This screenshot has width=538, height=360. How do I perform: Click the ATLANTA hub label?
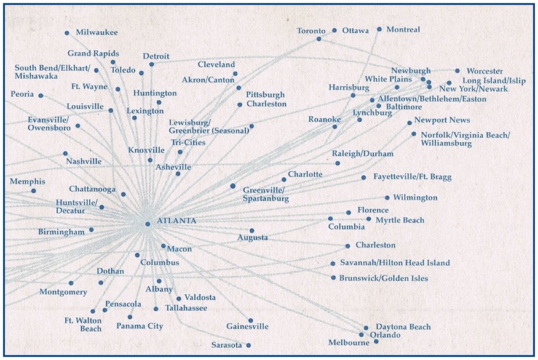(176, 220)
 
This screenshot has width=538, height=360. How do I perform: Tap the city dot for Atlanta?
(148, 224)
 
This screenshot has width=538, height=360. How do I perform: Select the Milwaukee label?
(97, 32)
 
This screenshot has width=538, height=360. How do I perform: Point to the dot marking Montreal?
(379, 30)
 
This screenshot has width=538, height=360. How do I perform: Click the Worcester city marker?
(457, 71)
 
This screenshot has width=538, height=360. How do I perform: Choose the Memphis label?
(28, 182)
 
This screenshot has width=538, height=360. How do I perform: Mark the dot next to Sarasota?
(248, 345)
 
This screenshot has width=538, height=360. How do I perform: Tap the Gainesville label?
(247, 326)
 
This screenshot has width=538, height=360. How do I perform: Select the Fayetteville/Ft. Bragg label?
(413, 177)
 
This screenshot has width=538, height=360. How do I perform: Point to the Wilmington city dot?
(387, 198)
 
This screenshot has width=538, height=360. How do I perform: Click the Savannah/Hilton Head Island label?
(395, 263)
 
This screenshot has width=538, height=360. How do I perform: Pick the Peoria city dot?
(41, 95)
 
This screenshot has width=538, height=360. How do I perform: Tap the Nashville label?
(84, 161)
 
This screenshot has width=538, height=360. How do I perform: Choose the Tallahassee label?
(186, 308)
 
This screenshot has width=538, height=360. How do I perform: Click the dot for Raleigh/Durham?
(338, 163)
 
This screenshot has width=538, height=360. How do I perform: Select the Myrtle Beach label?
(400, 220)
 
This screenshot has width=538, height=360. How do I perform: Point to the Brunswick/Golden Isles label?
(384, 278)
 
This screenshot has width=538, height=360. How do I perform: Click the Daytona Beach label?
(403, 327)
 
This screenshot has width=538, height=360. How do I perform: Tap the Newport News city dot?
(409, 122)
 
